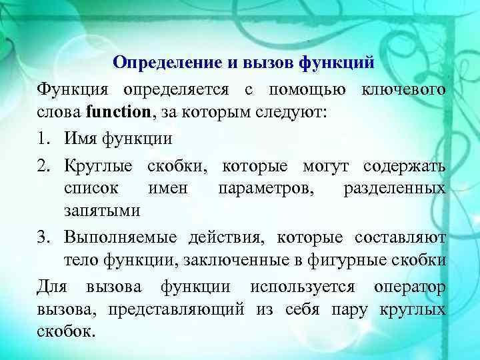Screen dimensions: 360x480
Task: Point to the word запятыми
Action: (102, 212)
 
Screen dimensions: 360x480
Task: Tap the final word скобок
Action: (67, 333)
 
